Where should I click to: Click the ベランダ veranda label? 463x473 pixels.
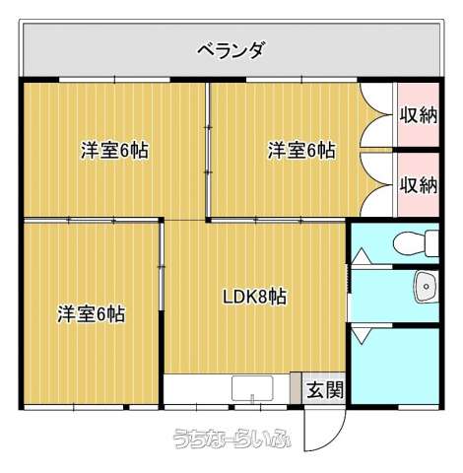pyautogui.click(x=231, y=50)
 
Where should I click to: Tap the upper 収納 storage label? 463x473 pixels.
pyautogui.click(x=419, y=115)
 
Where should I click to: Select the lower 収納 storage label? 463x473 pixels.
pyautogui.click(x=419, y=184)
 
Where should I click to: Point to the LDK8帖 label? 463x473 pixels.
pyautogui.click(x=254, y=297)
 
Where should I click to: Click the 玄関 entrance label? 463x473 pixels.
pyautogui.click(x=325, y=390)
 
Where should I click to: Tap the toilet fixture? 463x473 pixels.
pyautogui.click(x=416, y=243)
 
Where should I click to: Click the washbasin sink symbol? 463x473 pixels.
pyautogui.click(x=426, y=287)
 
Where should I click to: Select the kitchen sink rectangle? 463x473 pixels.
pyautogui.click(x=252, y=389)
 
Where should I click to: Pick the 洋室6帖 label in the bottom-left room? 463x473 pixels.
pyautogui.click(x=92, y=314)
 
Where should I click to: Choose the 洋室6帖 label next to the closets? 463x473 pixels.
pyautogui.click(x=301, y=151)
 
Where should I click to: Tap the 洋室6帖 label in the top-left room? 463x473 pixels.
pyautogui.click(x=114, y=151)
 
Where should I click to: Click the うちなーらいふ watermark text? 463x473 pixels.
pyautogui.click(x=231, y=439)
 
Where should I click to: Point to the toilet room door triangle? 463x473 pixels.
pyautogui.click(x=362, y=256)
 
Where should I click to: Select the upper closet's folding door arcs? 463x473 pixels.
pyautogui.click(x=376, y=115)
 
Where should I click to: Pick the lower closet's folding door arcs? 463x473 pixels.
pyautogui.click(x=376, y=184)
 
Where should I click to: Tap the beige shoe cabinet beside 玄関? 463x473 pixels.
pyautogui.click(x=296, y=388)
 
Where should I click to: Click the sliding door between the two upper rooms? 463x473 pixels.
pyautogui.click(x=208, y=151)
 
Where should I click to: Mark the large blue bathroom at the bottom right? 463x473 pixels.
pyautogui.click(x=395, y=366)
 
